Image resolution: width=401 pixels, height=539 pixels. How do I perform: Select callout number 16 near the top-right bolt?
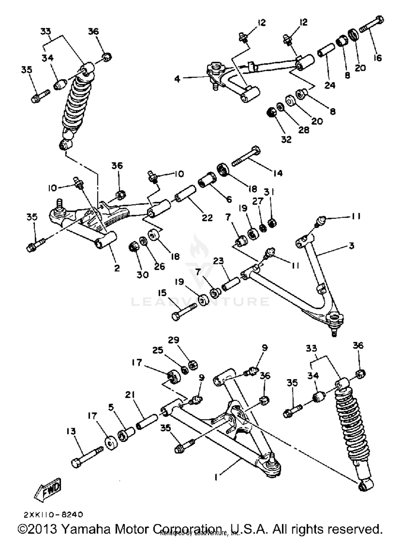[x=378, y=58]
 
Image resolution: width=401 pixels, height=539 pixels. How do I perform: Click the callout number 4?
[x=177, y=79]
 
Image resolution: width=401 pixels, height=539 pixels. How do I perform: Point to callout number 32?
[x=286, y=139]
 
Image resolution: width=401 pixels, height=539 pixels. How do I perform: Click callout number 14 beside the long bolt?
[x=278, y=173]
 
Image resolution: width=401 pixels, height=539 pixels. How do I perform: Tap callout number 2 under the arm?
[x=117, y=268]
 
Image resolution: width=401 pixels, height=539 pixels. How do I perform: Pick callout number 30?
[x=142, y=274]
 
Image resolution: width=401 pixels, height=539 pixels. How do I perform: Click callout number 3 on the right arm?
[x=352, y=245]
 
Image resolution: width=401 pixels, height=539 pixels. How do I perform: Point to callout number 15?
[x=162, y=293]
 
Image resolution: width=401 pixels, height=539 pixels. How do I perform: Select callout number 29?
[x=173, y=340]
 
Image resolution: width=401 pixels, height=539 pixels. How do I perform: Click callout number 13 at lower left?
[x=71, y=431]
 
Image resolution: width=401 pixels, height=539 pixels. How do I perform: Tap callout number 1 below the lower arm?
[x=217, y=477]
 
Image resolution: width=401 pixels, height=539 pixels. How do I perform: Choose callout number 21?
[x=130, y=395]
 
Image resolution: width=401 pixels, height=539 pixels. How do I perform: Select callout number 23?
[x=218, y=261]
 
